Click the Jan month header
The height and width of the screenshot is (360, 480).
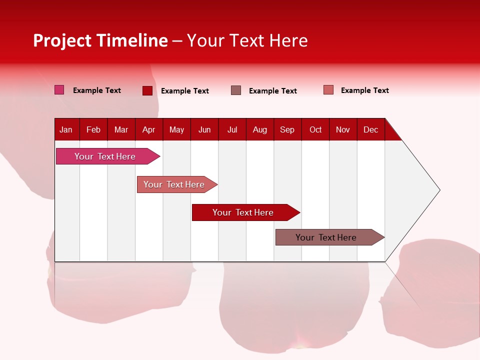coord(66,130)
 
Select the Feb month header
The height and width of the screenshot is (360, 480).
coord(93,130)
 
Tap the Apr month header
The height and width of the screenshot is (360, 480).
coord(149,130)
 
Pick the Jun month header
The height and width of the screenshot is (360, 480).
coord(204,130)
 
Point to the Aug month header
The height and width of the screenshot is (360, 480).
coord(260,130)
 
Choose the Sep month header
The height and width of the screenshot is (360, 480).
coord(287,130)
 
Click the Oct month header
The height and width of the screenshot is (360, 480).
coord(315,130)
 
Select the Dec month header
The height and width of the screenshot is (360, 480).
coord(371,130)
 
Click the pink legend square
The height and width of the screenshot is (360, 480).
coord(59,90)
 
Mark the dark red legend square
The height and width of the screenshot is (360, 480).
coord(147,90)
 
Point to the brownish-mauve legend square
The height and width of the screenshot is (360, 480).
coord(236,90)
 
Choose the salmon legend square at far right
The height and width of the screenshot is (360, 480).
coord(328,90)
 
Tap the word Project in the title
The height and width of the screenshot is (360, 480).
coord(62,40)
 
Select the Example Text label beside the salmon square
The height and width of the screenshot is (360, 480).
coord(365,90)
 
